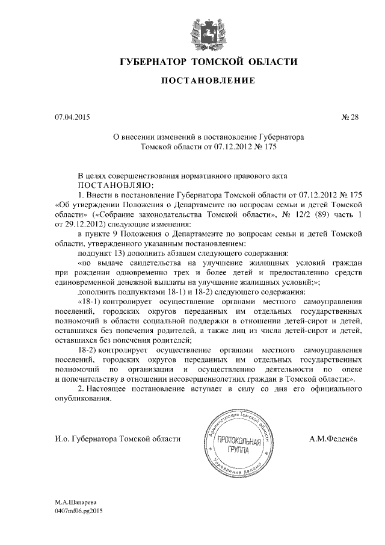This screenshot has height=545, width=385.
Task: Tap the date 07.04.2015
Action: coord(67,117)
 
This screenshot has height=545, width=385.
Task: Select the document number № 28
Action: coord(350,117)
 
